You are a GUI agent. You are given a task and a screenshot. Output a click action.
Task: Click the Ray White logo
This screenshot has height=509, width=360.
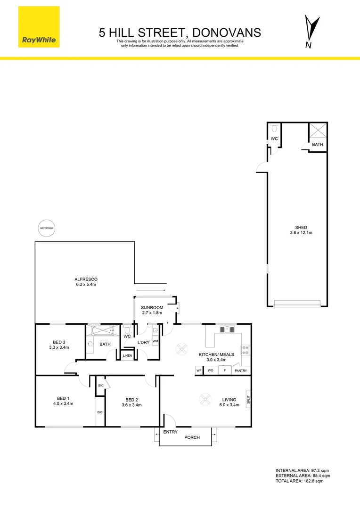tap(40, 27)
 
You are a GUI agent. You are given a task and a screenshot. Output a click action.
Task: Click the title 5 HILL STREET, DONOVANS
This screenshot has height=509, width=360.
tap(180, 33)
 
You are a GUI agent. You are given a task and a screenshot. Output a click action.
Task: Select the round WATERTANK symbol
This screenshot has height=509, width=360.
tap(47, 228)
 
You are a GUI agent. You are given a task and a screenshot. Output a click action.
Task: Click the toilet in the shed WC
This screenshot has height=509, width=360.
tap(274, 128)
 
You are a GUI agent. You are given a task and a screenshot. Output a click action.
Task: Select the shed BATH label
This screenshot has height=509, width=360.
tap(318, 145)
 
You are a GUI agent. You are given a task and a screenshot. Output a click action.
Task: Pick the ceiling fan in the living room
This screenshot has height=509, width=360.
tap(205, 400)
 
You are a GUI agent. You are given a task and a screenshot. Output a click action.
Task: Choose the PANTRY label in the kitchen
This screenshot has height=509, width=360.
tap(241, 371)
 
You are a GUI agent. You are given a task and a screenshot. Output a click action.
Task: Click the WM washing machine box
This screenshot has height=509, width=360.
tap(155, 341)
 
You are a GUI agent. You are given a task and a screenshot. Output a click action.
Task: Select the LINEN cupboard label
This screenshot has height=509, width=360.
tap(127, 355)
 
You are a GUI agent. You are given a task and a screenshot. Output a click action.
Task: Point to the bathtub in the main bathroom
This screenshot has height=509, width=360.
tap(100, 329)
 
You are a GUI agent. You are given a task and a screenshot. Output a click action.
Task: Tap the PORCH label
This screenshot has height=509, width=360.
tap(192, 437)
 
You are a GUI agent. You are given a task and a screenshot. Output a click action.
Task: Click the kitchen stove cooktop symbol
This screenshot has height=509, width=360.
tap(245, 350)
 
